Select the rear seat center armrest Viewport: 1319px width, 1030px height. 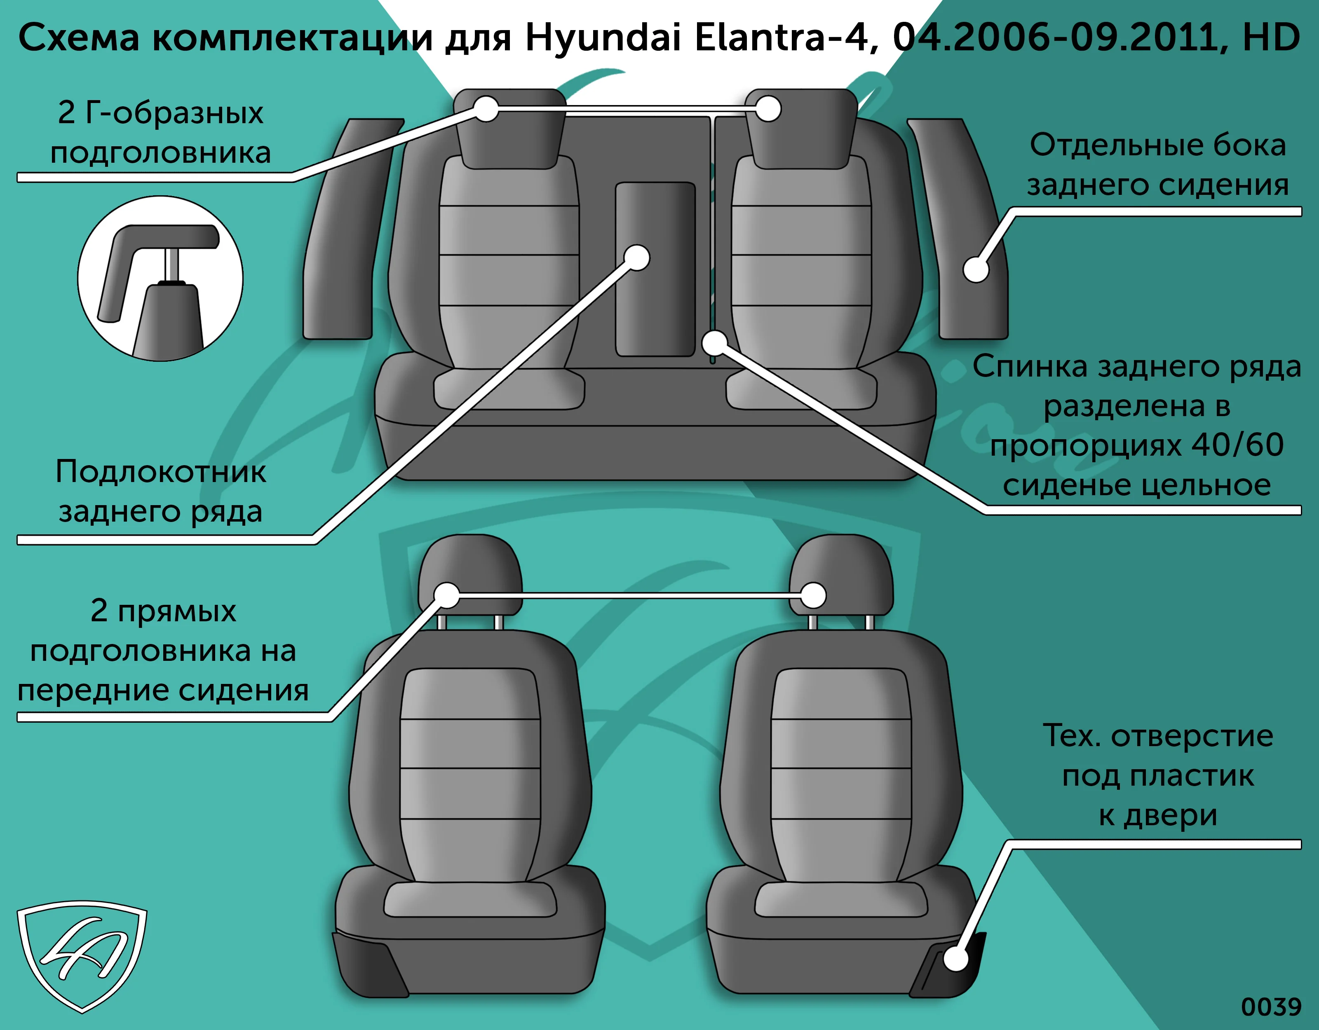655,269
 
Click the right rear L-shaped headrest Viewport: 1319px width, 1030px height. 801,129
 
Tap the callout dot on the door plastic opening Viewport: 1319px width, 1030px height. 955,959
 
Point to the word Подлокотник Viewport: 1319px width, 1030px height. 161,471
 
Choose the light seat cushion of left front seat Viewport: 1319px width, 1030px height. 470,899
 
